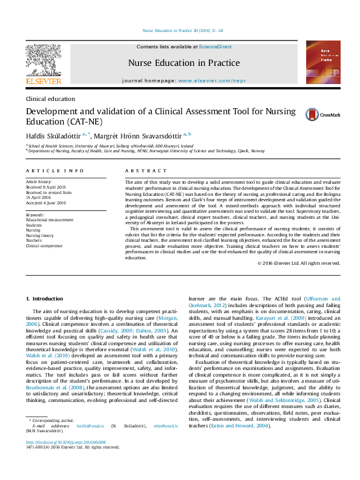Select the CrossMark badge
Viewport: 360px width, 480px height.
331,114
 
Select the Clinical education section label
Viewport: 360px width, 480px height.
50,99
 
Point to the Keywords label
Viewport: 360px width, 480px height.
35,215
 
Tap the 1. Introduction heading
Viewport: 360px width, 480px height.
46,299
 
